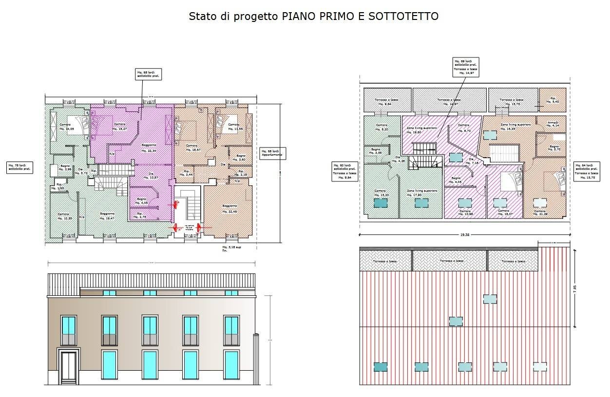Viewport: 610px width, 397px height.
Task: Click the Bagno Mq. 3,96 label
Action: pyautogui.click(x=65, y=168)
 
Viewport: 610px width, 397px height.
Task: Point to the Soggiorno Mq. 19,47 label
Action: pyautogui.click(x=107, y=216)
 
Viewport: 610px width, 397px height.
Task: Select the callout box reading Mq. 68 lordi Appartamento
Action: pyautogui.click(x=273, y=153)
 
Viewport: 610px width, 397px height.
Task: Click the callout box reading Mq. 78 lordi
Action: pyautogui.click(x=19, y=168)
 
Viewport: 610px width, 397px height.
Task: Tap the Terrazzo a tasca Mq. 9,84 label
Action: pyautogui.click(x=383, y=102)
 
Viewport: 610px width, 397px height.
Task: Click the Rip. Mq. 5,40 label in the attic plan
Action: pyautogui.click(x=552, y=100)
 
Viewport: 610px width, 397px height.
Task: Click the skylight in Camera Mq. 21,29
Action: pyautogui.click(x=539, y=203)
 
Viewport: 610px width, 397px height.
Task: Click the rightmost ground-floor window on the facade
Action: pyautogui.click(x=231, y=365)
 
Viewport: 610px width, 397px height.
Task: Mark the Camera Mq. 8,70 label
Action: pyautogui.click(x=464, y=128)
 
